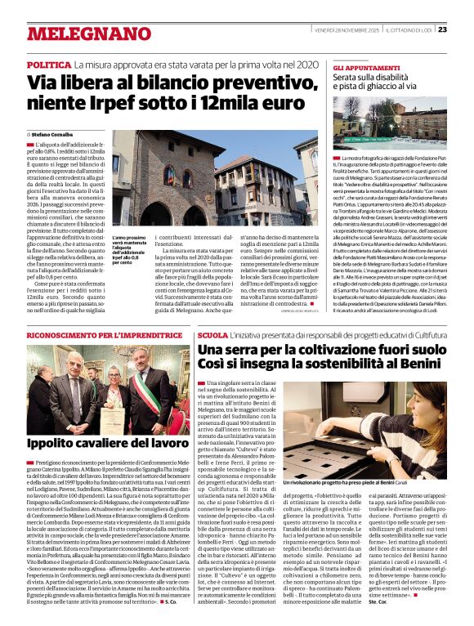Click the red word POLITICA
coord(48,64)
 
